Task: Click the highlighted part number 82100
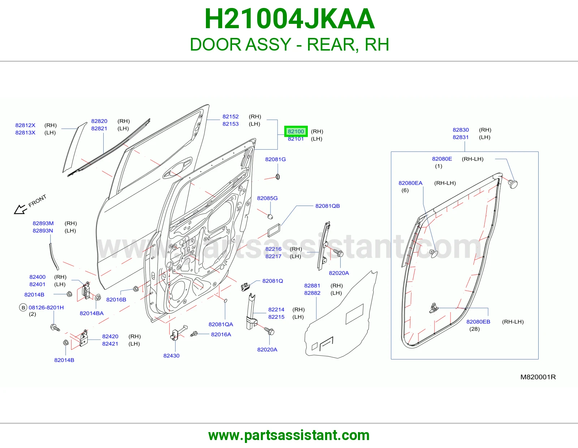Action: [x=296, y=132]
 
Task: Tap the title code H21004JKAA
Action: [x=289, y=19]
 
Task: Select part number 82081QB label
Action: [x=327, y=206]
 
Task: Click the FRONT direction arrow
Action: [x=21, y=209]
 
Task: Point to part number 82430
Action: [x=171, y=356]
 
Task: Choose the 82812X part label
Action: [x=25, y=125]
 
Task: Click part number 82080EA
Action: [x=410, y=183]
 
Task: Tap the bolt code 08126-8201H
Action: [x=46, y=307]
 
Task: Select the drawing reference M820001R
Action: [x=538, y=377]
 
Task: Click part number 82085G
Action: [x=267, y=198]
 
